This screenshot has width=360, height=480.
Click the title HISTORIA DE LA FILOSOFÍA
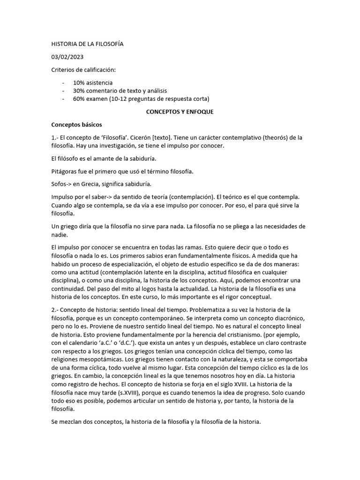(x=87, y=44)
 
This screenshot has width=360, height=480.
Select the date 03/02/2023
(x=67, y=57)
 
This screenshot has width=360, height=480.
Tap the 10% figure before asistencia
(x=79, y=82)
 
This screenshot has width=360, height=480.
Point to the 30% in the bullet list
(x=79, y=90)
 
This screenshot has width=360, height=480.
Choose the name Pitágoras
(x=65, y=172)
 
